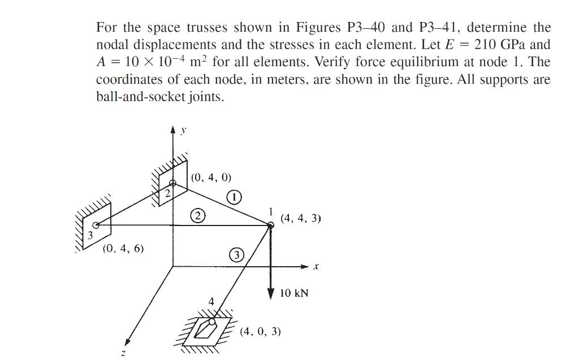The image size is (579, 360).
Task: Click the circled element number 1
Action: point(235,197)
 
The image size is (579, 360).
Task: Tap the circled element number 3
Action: point(236,255)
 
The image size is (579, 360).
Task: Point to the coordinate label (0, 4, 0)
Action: point(211,177)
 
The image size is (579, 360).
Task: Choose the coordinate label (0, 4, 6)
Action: point(123,248)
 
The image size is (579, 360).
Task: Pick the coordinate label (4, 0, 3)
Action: point(260,331)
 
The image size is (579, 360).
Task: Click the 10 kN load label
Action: point(295,293)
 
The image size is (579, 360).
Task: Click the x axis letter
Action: point(316,266)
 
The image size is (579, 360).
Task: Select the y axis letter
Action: point(183,131)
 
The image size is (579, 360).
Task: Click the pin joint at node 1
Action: point(270,225)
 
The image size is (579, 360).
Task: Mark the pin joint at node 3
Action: point(96,225)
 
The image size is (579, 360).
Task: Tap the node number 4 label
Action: point(211,302)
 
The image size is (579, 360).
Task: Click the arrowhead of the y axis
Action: point(173,131)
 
